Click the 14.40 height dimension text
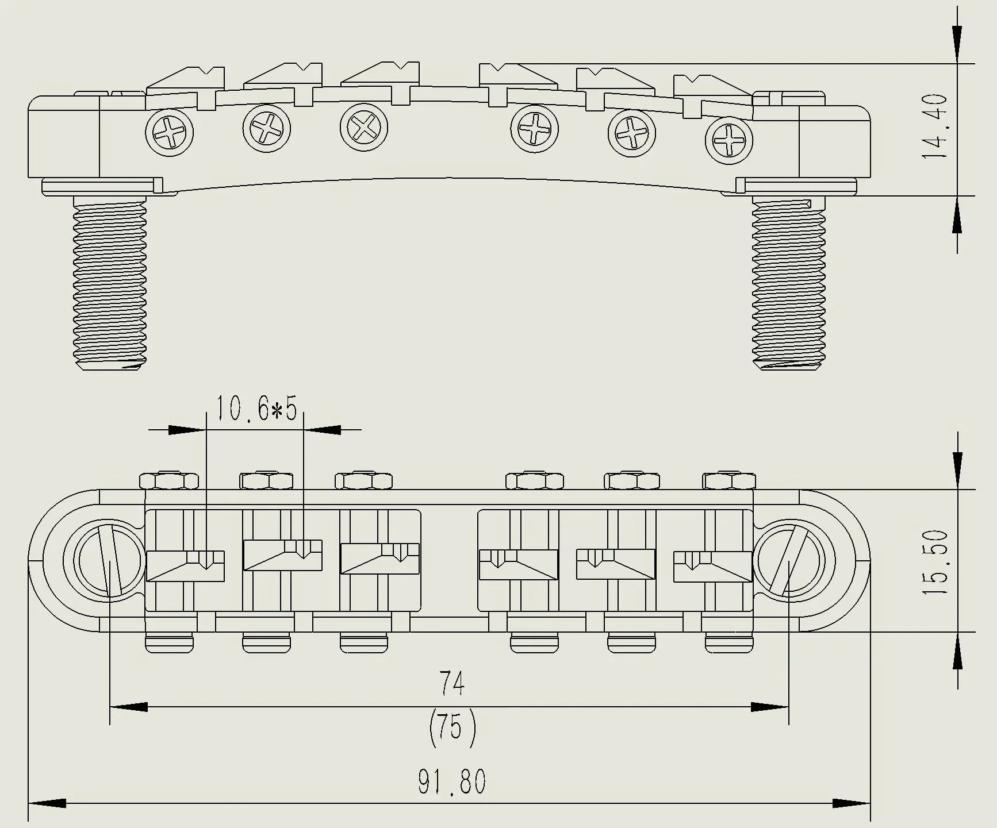pyautogui.click(x=934, y=127)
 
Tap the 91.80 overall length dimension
pyautogui.click(x=452, y=781)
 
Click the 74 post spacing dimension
pyautogui.click(x=452, y=683)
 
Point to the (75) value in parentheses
pyautogui.click(x=453, y=728)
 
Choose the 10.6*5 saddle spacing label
pyautogui.click(x=256, y=409)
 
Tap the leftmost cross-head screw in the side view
pyautogui.click(x=169, y=133)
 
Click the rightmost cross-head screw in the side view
pyautogui.click(x=728, y=140)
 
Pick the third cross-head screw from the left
pyautogui.click(x=363, y=127)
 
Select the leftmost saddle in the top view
pyautogui.click(x=185, y=566)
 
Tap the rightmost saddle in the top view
pyautogui.click(x=713, y=566)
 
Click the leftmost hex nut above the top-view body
pyautogui.click(x=169, y=480)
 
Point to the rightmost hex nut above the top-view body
pyautogui.click(x=728, y=480)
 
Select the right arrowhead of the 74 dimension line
pyautogui.click(x=769, y=707)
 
